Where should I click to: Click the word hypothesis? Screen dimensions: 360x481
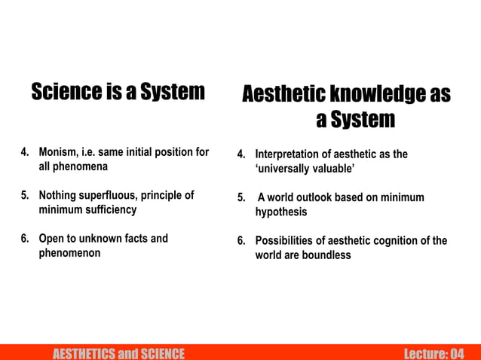point(281,212)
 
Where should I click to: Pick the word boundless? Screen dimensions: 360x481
point(326,255)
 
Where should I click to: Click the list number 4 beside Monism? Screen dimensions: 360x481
point(23,152)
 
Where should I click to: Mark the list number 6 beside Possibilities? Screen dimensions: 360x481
point(240,241)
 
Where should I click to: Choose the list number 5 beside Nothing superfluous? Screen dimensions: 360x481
point(23,195)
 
